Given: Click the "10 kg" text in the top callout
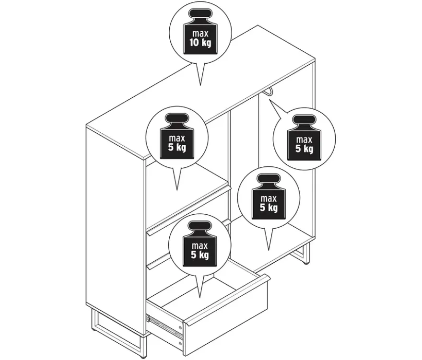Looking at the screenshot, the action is (x=200, y=43).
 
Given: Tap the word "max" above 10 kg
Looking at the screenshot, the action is (x=200, y=34).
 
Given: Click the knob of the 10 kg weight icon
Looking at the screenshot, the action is (x=200, y=14).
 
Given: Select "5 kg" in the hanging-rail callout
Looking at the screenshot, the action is (x=305, y=149).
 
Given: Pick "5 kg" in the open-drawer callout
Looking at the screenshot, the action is (x=199, y=255).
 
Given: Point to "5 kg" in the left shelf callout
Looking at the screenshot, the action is (x=177, y=147).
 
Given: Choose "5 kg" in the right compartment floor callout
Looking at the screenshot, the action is (x=269, y=208).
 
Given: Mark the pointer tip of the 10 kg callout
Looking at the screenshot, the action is (x=200, y=85).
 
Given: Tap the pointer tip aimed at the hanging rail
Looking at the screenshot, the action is (x=269, y=100).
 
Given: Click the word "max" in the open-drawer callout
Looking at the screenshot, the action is (x=199, y=246).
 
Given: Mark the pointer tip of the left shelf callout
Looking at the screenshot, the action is (x=177, y=190).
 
